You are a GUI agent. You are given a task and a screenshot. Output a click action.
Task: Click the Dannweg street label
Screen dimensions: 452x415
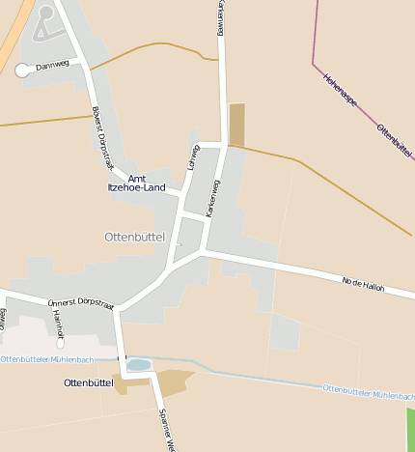(52, 67)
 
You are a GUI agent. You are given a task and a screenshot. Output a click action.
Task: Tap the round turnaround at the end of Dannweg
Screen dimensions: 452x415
(23, 70)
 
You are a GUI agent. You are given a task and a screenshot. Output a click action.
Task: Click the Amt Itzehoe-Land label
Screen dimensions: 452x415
(136, 183)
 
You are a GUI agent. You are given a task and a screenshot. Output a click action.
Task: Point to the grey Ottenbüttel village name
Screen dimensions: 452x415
(134, 236)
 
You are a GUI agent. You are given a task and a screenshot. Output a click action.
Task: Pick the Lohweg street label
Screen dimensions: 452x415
(192, 157)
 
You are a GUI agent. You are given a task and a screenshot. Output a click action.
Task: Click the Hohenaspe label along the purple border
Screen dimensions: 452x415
(342, 94)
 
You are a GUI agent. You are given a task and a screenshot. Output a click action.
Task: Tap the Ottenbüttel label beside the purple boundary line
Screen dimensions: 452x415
(395, 141)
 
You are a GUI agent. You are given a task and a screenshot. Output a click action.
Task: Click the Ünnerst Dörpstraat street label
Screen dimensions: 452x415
(80, 305)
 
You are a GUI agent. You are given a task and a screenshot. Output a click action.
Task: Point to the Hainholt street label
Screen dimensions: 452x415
(58, 323)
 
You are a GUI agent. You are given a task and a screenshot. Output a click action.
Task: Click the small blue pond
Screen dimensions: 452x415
(138, 365)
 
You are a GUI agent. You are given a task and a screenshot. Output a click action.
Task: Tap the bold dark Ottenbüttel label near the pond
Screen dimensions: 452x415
(88, 382)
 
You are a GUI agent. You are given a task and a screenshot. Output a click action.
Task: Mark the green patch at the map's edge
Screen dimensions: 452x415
(410, 429)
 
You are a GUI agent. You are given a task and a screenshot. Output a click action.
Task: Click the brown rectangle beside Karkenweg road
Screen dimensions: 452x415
(236, 124)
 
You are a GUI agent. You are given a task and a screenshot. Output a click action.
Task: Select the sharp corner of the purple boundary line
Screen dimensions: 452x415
(314, 65)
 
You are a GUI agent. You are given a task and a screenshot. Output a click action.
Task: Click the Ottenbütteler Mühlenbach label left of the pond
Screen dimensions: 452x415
(45, 359)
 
